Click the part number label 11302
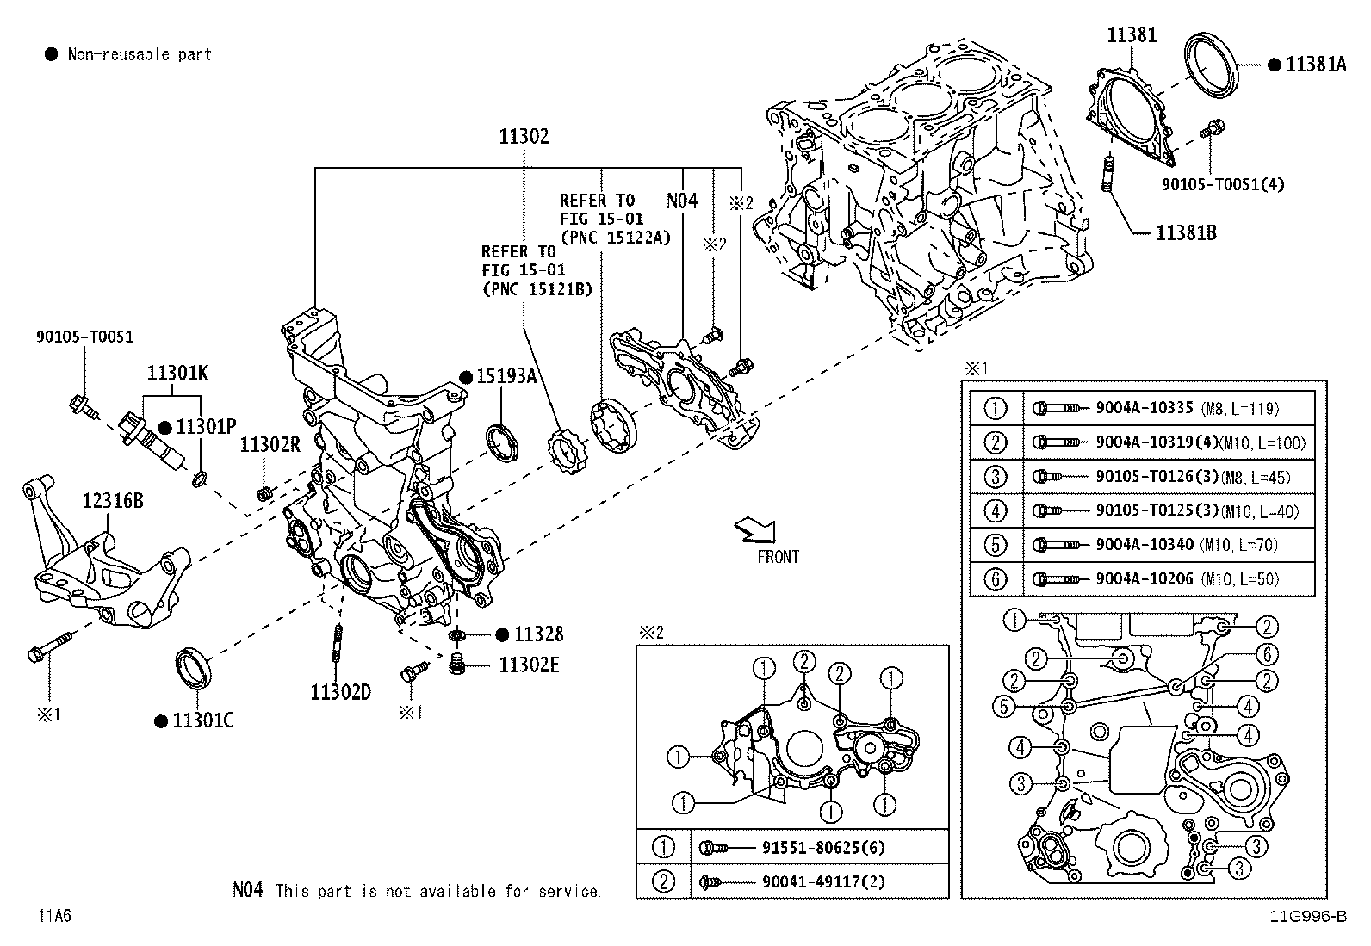(524, 136)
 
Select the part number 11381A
(1315, 65)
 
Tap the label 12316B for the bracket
(113, 500)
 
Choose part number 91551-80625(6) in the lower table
(823, 848)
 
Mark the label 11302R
(270, 445)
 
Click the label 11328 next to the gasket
(539, 634)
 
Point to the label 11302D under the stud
(341, 691)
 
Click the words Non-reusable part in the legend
(140, 54)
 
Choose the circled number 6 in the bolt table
(996, 578)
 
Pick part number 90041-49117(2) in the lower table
(823, 881)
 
